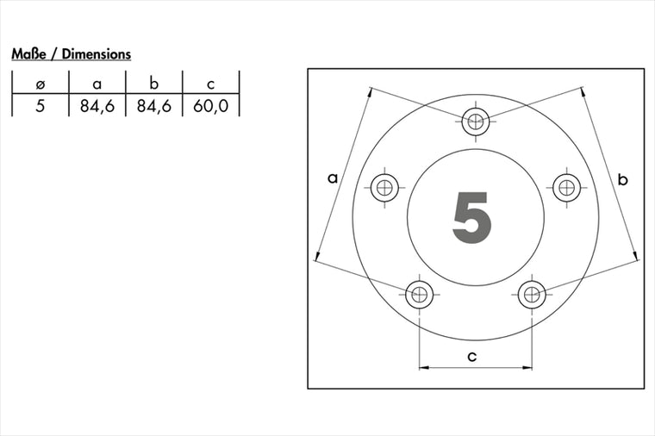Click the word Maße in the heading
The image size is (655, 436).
28,54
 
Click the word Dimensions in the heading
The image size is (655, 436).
96,54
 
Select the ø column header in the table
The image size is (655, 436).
41,84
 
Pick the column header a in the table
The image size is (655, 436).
97,84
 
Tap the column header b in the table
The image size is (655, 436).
153,84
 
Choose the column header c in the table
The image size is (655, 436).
210,84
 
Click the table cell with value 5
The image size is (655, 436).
41,106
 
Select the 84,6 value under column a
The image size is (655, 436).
97,106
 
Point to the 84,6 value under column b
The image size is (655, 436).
153,106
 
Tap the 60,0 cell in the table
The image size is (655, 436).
210,106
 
